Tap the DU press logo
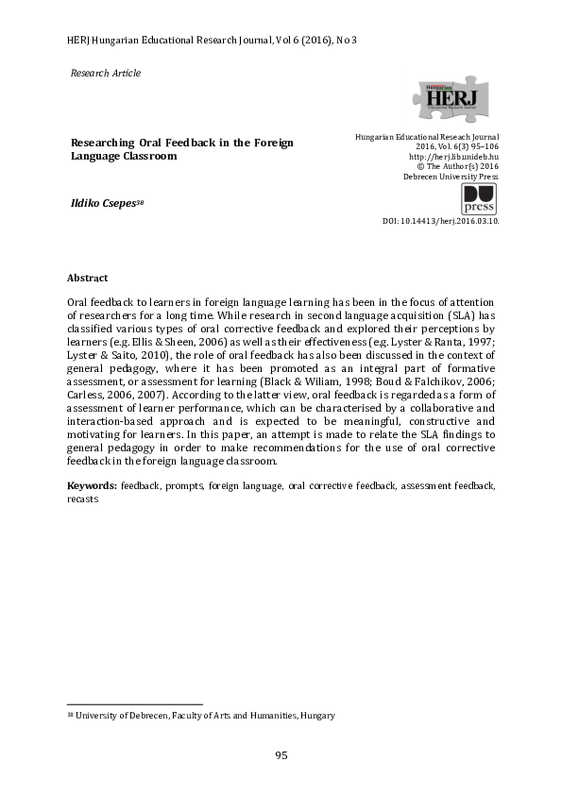479,199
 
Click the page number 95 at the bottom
281,755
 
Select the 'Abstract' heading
87,279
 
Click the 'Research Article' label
106,73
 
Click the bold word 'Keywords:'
92,485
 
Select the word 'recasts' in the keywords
82,499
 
